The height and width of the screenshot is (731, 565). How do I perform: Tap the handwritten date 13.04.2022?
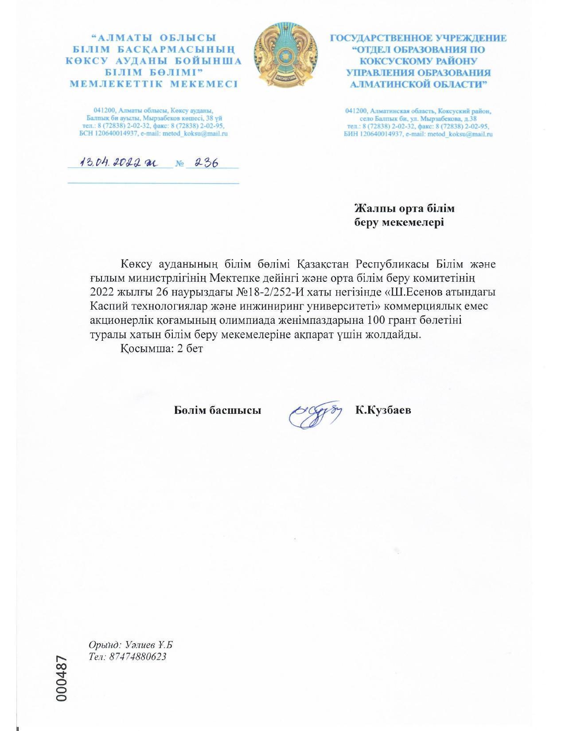click(117, 163)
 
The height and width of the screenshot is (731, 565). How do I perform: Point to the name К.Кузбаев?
click(383, 410)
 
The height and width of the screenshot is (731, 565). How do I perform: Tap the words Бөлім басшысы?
click(217, 410)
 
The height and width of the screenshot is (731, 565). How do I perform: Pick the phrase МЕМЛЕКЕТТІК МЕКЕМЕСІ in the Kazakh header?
click(154, 84)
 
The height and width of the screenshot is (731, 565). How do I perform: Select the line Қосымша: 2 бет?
click(161, 349)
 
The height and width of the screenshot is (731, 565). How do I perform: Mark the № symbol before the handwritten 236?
click(179, 164)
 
